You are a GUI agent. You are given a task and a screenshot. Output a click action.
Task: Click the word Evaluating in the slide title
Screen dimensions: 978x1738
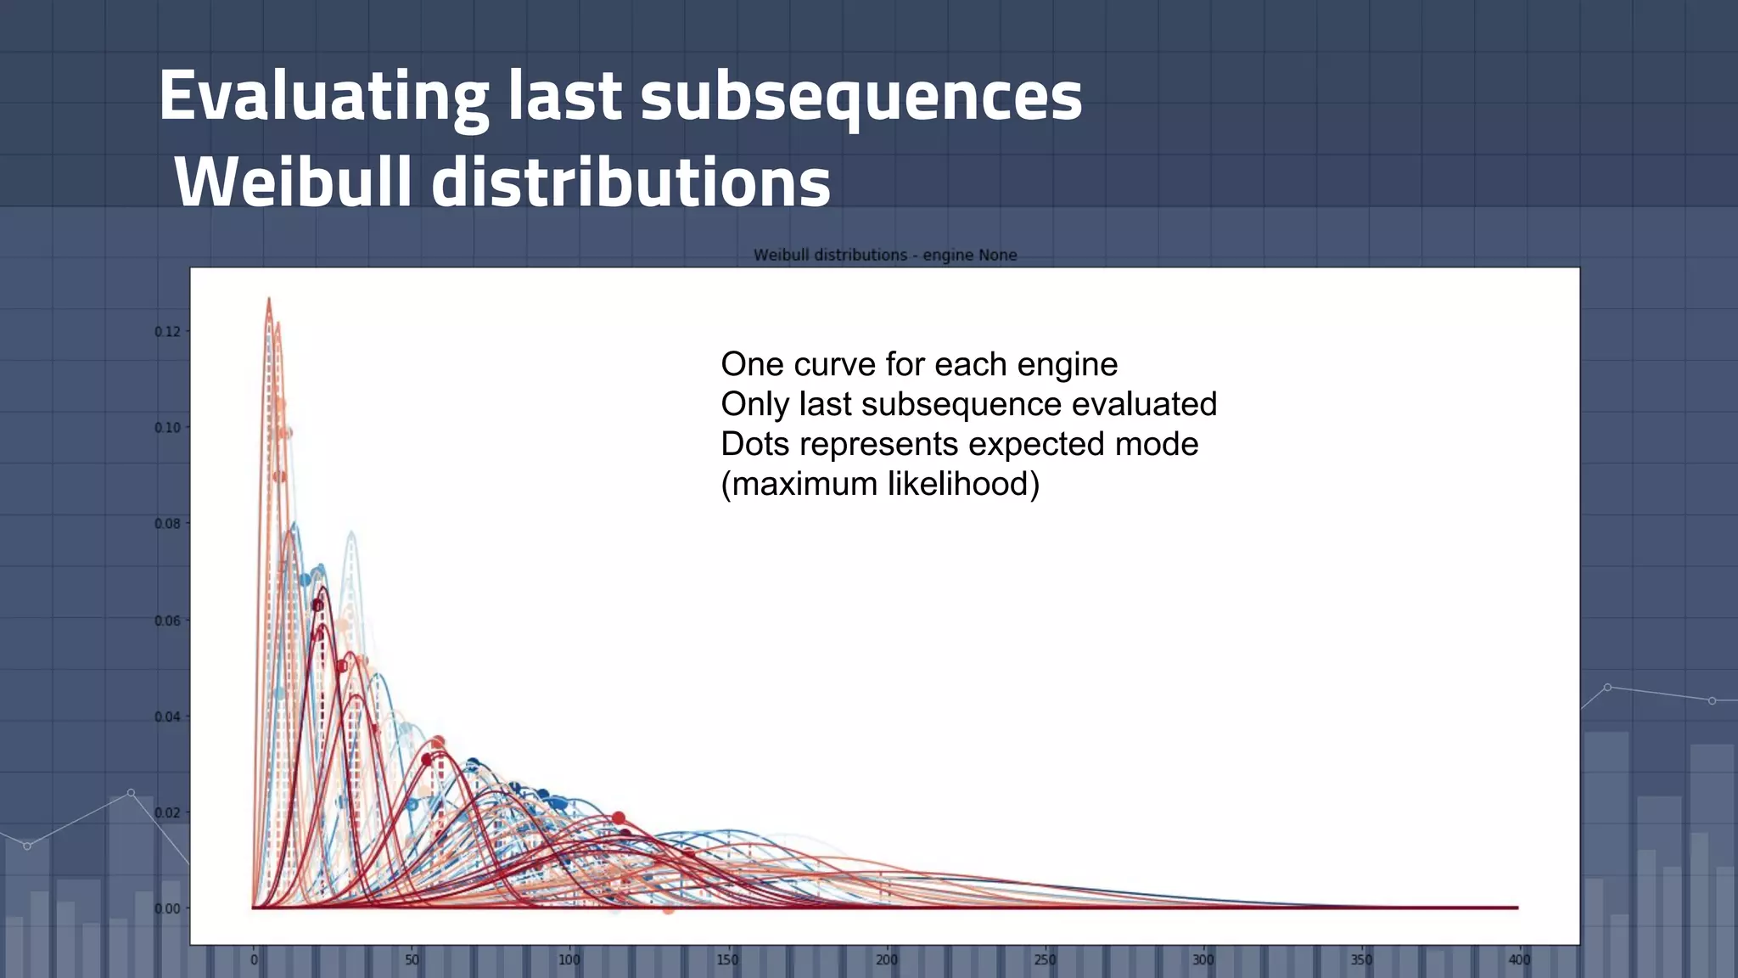coord(323,96)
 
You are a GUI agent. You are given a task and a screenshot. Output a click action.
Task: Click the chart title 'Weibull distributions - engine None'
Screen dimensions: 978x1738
coord(885,255)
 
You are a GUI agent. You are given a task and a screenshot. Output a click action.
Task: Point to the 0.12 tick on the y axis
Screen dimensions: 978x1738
coord(167,332)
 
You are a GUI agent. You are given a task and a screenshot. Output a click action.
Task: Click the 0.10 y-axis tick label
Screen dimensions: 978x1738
coord(167,428)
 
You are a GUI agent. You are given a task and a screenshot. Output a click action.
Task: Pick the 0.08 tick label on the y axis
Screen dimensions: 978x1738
coord(167,524)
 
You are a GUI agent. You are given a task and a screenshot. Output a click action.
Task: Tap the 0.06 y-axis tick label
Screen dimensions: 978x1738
coord(167,621)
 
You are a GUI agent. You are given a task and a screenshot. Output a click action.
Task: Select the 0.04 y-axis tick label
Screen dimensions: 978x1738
coord(167,717)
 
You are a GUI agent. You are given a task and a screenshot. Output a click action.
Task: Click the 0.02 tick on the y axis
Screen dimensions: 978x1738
coord(167,812)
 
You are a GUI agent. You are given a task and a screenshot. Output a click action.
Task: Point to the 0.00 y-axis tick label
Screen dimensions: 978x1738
coord(167,908)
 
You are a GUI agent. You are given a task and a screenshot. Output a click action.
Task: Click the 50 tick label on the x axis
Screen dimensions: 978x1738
coord(412,960)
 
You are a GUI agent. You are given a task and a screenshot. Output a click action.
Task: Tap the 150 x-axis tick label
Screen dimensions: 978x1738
coord(727,960)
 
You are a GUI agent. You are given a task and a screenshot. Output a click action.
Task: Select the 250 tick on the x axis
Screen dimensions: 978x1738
coord(1045,960)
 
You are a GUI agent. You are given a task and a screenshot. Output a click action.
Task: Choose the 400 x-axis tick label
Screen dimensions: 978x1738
coord(1519,960)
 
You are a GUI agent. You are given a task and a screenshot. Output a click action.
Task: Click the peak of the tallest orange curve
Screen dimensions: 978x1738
coord(269,299)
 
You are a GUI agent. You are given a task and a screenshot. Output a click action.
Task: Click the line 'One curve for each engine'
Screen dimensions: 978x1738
coord(919,364)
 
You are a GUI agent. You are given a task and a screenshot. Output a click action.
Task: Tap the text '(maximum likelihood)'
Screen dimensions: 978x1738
coord(880,484)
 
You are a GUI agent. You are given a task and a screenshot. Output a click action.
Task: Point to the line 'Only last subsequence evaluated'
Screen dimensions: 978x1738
coord(968,404)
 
